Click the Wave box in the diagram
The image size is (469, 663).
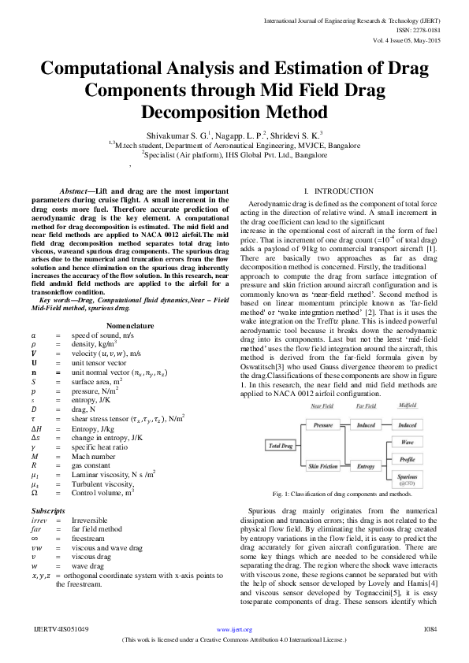[408, 442]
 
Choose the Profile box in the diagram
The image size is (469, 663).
[408, 458]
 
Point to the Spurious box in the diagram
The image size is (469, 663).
[408, 477]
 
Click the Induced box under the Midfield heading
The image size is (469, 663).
[408, 424]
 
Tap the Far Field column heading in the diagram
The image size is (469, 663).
[364, 406]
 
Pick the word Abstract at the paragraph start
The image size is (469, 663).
[77, 192]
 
